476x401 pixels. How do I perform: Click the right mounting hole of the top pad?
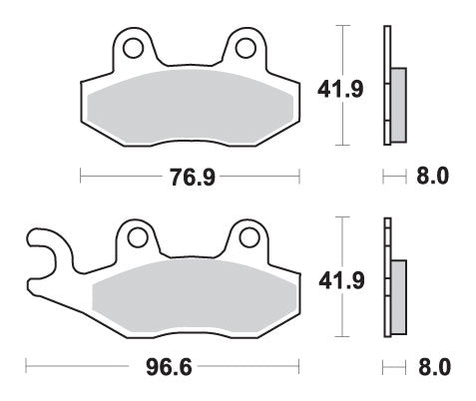pos(243,46)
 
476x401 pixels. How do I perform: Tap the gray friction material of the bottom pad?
pos(195,294)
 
